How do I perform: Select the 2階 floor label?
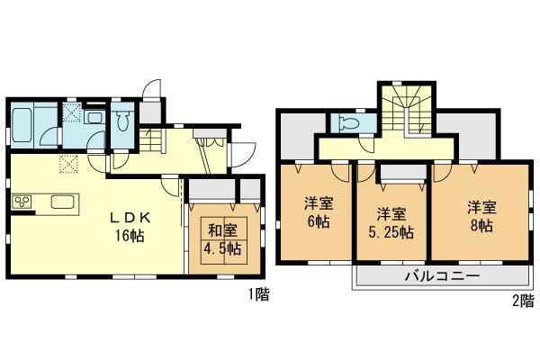pyautogui.click(x=521, y=299)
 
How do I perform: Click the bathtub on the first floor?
pyautogui.click(x=22, y=124)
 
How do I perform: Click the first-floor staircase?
pyautogui.click(x=154, y=140)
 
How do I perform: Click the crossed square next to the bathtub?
pyautogui.click(x=69, y=114)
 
